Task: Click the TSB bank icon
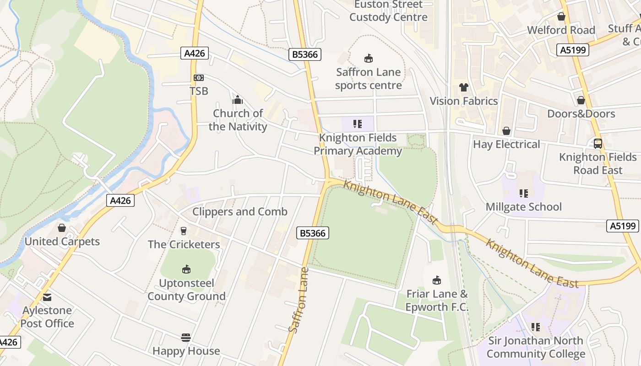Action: click(x=199, y=78)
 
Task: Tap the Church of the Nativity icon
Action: click(x=238, y=100)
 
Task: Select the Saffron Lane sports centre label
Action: click(x=368, y=79)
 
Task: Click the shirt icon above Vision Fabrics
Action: click(x=463, y=87)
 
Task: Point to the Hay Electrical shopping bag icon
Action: click(x=506, y=131)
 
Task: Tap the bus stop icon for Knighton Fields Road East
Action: click(x=598, y=144)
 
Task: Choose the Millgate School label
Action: click(x=523, y=207)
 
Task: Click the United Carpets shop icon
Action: click(x=62, y=228)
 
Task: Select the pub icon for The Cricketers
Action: click(x=184, y=231)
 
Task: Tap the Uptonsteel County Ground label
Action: click(x=186, y=290)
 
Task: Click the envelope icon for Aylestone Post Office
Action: click(x=47, y=297)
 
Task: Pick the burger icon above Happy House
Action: click(x=186, y=338)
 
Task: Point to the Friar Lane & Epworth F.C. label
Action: click(x=437, y=300)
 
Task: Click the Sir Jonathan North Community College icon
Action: click(x=535, y=327)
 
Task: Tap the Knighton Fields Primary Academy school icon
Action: click(x=358, y=124)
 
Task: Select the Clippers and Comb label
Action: click(x=240, y=211)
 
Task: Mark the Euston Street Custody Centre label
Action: click(x=388, y=11)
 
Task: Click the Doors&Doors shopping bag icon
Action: click(x=581, y=100)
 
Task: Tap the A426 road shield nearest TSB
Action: click(x=195, y=54)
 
